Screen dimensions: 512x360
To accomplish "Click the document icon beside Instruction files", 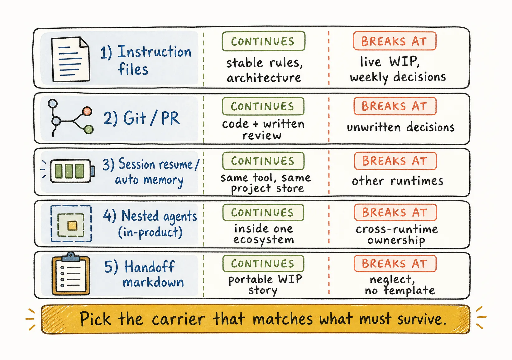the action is point(71,59).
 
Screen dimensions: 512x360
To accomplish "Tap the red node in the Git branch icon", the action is point(87,111).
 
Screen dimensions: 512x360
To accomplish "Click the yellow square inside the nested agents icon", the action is point(72,225).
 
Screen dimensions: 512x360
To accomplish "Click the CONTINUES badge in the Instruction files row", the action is point(263,41).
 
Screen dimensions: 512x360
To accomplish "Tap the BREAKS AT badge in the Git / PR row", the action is point(395,106).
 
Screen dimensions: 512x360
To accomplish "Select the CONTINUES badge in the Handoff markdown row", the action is point(263,264).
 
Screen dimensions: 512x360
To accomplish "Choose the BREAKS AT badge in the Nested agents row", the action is point(395,212).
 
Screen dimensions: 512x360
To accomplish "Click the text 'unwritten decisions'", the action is point(400,127).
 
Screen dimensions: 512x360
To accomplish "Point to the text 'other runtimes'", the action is point(398,181).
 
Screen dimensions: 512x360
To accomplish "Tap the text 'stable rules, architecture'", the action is point(265,70).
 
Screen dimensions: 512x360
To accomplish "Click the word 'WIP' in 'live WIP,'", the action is point(404,61).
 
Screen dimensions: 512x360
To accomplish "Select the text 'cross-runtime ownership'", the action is point(397,235).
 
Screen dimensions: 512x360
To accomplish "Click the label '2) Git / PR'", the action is point(141,118).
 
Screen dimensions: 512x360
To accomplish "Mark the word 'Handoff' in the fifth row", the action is point(150,267).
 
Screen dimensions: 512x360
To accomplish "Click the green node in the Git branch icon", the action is point(89,130).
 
